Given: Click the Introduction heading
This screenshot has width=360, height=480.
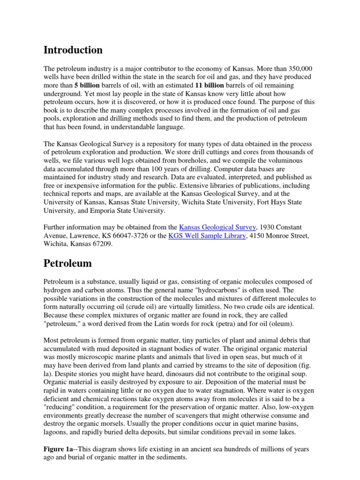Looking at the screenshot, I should tap(73, 50).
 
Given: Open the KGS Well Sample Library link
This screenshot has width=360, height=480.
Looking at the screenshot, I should tap(207, 236).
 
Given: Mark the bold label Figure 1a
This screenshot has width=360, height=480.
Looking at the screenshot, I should tap(58, 449).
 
